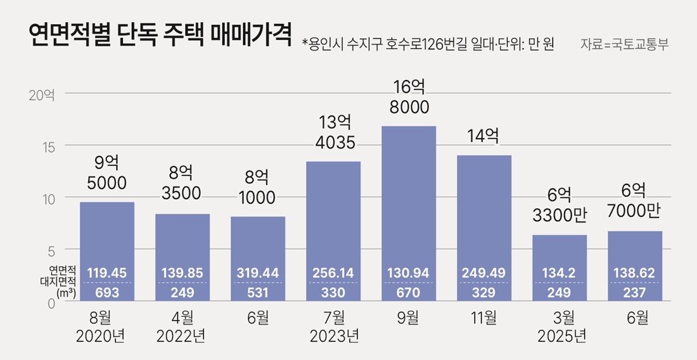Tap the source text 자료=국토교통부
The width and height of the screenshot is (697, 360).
pyautogui.click(x=624, y=45)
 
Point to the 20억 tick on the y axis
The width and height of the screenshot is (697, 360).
pyautogui.click(x=42, y=95)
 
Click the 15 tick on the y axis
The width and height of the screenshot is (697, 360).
pyautogui.click(x=49, y=146)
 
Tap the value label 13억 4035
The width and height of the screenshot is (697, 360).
pyautogui.click(x=333, y=131)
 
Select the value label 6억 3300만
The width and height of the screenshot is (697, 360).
pyautogui.click(x=560, y=205)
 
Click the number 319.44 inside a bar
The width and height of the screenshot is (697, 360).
pyautogui.click(x=258, y=273)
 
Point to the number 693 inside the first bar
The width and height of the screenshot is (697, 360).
pyautogui.click(x=106, y=292)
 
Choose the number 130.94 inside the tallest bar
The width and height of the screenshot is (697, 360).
pyautogui.click(x=409, y=273)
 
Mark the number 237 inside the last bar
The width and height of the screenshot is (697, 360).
pyautogui.click(x=635, y=292)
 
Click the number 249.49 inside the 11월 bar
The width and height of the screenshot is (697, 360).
pyautogui.click(x=484, y=273)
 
